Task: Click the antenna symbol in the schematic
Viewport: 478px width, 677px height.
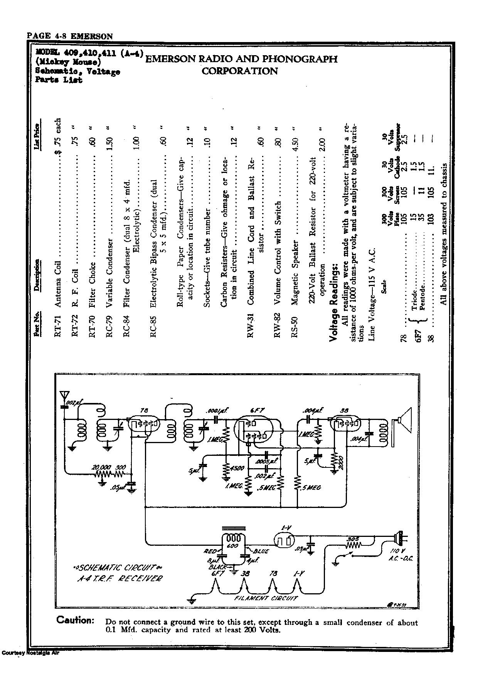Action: tap(65, 396)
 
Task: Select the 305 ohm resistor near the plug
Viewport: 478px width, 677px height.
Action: tap(353, 545)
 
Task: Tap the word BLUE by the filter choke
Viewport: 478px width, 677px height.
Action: tap(261, 551)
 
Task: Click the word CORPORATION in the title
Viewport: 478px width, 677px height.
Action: tap(239, 71)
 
